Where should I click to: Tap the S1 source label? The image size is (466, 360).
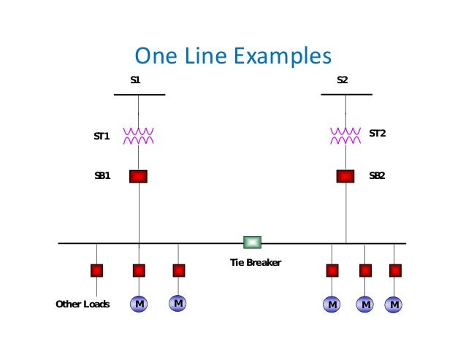pyautogui.click(x=135, y=79)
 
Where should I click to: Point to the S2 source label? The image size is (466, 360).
pyautogui.click(x=343, y=79)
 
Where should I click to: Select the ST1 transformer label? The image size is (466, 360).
pyautogui.click(x=102, y=136)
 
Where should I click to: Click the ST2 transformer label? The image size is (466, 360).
pyautogui.click(x=377, y=133)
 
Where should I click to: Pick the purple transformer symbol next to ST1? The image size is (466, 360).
pyautogui.click(x=138, y=134)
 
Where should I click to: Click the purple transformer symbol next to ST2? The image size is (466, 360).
pyautogui.click(x=345, y=134)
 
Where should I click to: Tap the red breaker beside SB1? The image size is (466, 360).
pyautogui.click(x=138, y=176)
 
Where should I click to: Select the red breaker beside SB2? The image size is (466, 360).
pyautogui.click(x=345, y=176)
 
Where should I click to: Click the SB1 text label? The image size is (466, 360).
pyautogui.click(x=102, y=176)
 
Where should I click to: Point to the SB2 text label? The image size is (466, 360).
pyautogui.click(x=377, y=176)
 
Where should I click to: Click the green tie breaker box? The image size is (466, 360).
pyautogui.click(x=252, y=242)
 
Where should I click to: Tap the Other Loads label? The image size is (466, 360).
pyautogui.click(x=83, y=304)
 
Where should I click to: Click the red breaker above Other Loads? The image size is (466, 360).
pyautogui.click(x=96, y=271)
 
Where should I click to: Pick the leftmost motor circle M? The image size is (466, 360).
pyautogui.click(x=138, y=303)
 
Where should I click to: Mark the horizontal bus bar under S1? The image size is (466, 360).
pyautogui.click(x=140, y=95)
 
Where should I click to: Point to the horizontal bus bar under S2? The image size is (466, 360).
pyautogui.click(x=347, y=95)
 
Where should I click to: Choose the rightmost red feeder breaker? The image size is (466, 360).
pyautogui.click(x=395, y=271)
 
